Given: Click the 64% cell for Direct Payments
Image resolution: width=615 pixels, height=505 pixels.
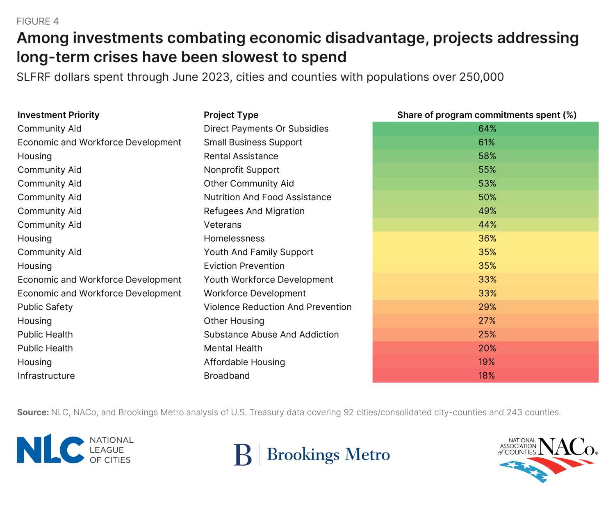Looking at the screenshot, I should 487,129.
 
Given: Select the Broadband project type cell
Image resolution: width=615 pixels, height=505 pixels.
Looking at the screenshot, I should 227,376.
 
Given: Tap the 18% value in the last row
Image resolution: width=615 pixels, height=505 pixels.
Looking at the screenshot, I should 486,376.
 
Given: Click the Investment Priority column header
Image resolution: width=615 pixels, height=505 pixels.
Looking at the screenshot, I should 58,115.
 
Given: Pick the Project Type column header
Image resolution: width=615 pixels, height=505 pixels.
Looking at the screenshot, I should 231,115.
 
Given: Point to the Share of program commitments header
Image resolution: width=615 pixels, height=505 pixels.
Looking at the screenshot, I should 487,115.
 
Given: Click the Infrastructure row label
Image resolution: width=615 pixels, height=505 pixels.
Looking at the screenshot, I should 46,376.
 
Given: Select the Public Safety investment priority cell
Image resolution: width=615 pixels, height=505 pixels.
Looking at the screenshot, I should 45,307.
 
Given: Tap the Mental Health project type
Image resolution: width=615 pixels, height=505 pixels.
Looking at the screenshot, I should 233,348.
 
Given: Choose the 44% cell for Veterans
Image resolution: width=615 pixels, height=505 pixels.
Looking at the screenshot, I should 487,224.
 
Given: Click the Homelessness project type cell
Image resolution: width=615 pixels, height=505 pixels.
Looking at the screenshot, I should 234,238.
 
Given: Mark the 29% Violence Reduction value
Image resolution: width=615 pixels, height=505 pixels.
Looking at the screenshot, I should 487,307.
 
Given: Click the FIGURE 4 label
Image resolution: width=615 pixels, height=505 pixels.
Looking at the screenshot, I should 38,21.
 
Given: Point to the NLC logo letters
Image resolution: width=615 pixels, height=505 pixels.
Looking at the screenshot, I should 50,449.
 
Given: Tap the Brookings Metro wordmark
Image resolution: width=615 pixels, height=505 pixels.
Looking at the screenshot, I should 328,455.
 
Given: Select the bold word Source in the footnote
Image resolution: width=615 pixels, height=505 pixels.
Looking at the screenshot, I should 33,412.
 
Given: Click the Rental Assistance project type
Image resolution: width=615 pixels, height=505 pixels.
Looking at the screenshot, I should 241,156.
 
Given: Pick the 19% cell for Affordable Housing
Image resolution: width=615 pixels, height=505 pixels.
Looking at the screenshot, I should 486,362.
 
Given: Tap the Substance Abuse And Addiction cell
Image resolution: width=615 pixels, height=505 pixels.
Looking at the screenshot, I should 271,335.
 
